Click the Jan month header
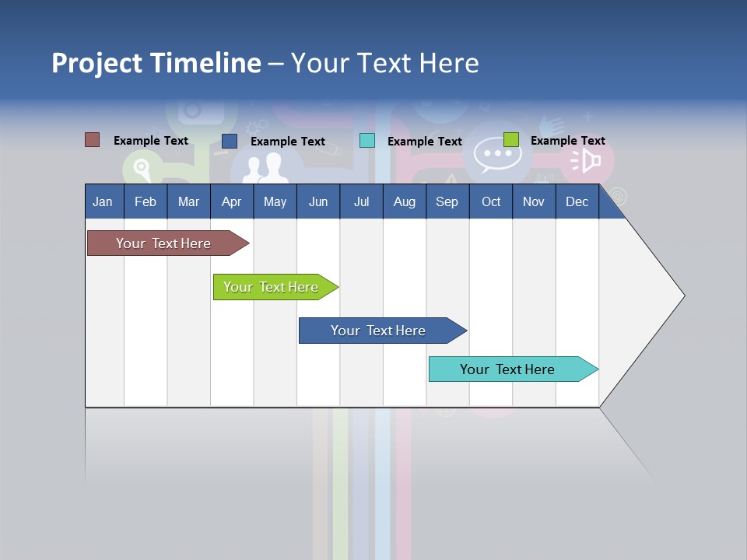point(103,201)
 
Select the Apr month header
point(231,201)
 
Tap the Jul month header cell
point(361,201)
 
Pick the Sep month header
point(447,201)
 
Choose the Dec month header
point(577,201)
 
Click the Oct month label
point(491,201)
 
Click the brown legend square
point(92,140)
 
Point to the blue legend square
point(229,141)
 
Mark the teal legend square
point(366,141)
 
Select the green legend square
point(510,140)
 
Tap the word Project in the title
point(97,63)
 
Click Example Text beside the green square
point(567,141)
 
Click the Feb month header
point(146,201)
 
